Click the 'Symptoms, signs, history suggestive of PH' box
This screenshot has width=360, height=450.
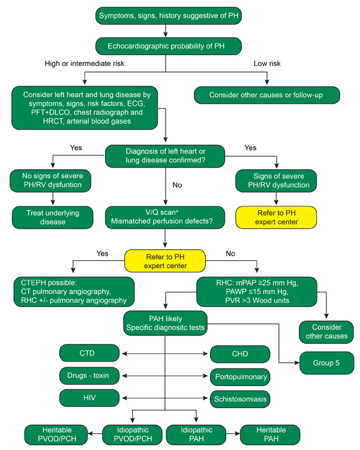click(x=169, y=16)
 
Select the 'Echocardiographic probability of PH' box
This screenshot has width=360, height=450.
click(x=169, y=46)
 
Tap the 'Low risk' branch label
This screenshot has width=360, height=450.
click(x=267, y=64)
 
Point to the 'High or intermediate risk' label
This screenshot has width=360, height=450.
click(x=85, y=64)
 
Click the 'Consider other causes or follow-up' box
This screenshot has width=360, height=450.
click(x=266, y=95)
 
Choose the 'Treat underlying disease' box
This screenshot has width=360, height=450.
click(x=53, y=217)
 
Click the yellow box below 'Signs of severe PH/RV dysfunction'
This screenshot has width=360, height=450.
click(x=276, y=217)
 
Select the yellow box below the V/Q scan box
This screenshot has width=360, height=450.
click(x=165, y=261)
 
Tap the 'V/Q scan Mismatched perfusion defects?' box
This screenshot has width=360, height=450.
click(x=165, y=217)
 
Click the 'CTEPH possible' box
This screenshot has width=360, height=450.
click(x=74, y=292)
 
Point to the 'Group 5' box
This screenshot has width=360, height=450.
click(x=326, y=363)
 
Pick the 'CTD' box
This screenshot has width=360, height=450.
click(x=89, y=353)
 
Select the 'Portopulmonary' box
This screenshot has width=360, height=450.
click(x=240, y=377)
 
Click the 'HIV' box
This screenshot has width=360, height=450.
click(x=89, y=398)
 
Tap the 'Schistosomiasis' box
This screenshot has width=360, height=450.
click(x=240, y=399)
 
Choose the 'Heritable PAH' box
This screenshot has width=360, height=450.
click(x=270, y=434)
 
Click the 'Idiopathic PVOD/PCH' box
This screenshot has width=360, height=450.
click(x=133, y=434)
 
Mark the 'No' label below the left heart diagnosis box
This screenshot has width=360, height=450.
click(x=177, y=185)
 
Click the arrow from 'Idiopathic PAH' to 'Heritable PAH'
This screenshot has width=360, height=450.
click(x=233, y=433)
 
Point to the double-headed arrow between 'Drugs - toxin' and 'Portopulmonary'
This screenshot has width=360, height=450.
click(x=165, y=376)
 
